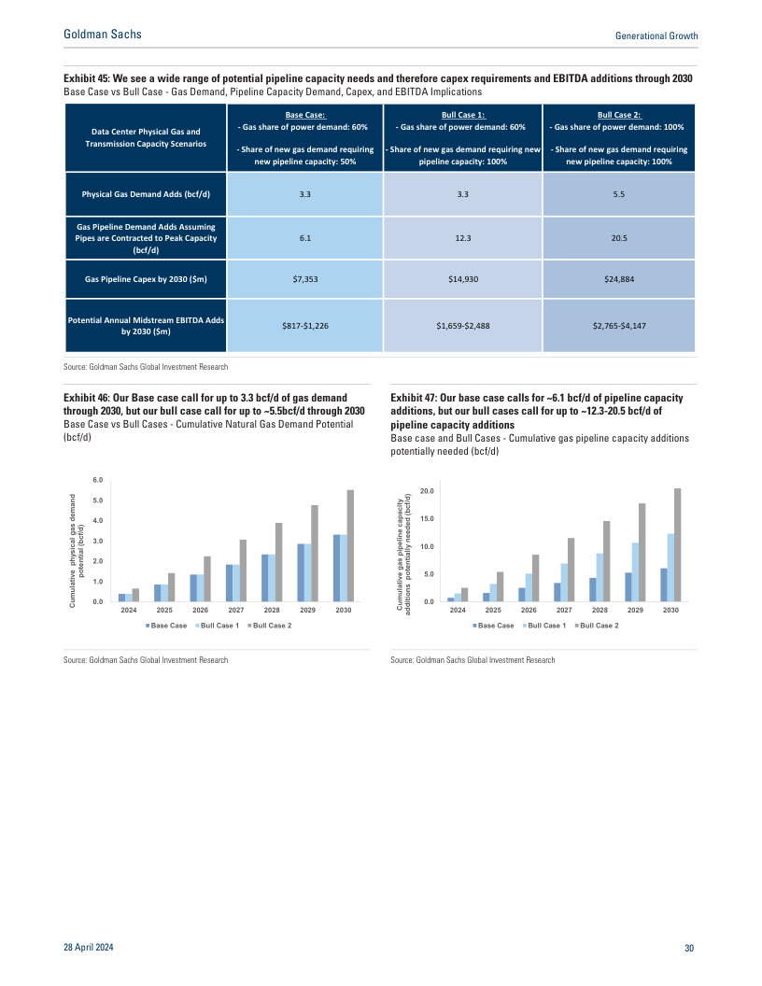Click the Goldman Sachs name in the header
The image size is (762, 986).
point(102,35)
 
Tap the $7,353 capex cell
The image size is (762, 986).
point(304,279)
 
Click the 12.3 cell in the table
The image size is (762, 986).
point(462,238)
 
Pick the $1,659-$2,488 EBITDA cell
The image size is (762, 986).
point(462,325)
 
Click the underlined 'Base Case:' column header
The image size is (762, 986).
point(304,113)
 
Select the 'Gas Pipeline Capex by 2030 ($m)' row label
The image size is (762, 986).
point(145,279)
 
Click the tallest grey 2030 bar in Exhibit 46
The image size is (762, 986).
point(351,546)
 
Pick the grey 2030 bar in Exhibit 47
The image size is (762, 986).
point(678,545)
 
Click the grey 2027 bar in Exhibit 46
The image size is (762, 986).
point(243,570)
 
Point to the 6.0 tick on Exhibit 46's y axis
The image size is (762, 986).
point(97,479)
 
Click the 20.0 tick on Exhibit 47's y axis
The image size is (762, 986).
point(426,490)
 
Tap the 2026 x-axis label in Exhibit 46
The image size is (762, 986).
point(200,610)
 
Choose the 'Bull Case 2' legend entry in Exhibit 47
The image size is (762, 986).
point(598,625)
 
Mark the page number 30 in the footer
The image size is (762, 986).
point(689,949)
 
